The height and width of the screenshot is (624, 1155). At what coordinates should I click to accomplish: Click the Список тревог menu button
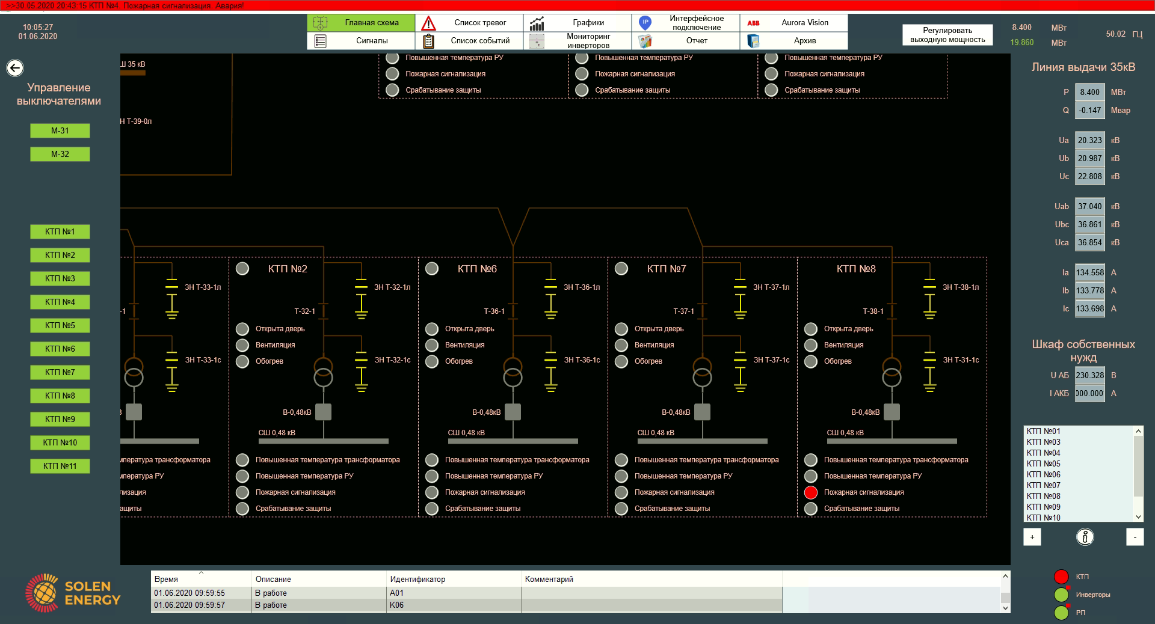pos(469,23)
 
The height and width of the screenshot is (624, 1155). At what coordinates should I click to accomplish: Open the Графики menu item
pos(577,23)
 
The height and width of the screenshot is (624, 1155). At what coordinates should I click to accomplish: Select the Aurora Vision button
pos(793,23)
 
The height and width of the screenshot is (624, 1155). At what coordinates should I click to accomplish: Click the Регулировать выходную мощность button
pos(947,35)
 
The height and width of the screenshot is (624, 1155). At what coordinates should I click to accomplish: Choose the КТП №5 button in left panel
pos(60,325)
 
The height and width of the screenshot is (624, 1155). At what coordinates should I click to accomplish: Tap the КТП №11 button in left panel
pos(60,466)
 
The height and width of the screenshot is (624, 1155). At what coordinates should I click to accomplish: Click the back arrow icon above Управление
pos(15,68)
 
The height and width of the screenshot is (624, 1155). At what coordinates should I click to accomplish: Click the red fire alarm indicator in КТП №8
pos(811,492)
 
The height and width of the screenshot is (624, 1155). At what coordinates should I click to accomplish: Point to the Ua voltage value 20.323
pos(1089,141)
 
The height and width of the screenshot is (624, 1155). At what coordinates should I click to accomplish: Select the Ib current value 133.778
pos(1089,291)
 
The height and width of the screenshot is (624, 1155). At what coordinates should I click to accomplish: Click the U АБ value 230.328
pos(1089,376)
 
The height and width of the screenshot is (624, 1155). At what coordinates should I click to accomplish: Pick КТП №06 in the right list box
pos(1044,474)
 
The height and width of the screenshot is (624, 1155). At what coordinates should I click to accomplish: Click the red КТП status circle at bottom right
pos(1061,577)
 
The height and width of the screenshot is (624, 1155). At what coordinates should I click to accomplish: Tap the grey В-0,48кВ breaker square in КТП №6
pos(513,412)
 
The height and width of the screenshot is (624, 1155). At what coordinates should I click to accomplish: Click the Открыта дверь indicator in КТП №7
pos(621,329)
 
